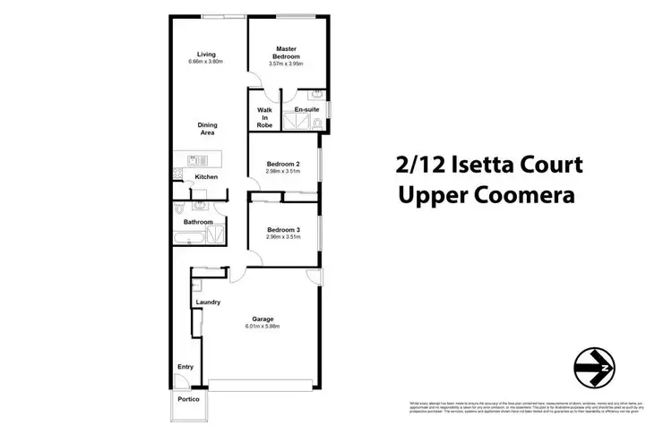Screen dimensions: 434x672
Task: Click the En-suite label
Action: [306, 109]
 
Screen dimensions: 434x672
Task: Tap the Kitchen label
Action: [206, 177]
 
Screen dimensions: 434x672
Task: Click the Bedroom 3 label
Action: [284, 229]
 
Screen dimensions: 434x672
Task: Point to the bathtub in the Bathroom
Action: [190, 237]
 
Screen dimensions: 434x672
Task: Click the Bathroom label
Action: [198, 222]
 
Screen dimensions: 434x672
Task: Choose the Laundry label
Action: [207, 302]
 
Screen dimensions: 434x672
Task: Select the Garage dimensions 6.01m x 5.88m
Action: [263, 326]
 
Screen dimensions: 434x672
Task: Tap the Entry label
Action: [185, 366]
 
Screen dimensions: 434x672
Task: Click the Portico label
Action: [188, 399]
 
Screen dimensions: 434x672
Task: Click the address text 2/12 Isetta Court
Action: [488, 165]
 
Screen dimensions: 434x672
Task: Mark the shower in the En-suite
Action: [294, 123]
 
